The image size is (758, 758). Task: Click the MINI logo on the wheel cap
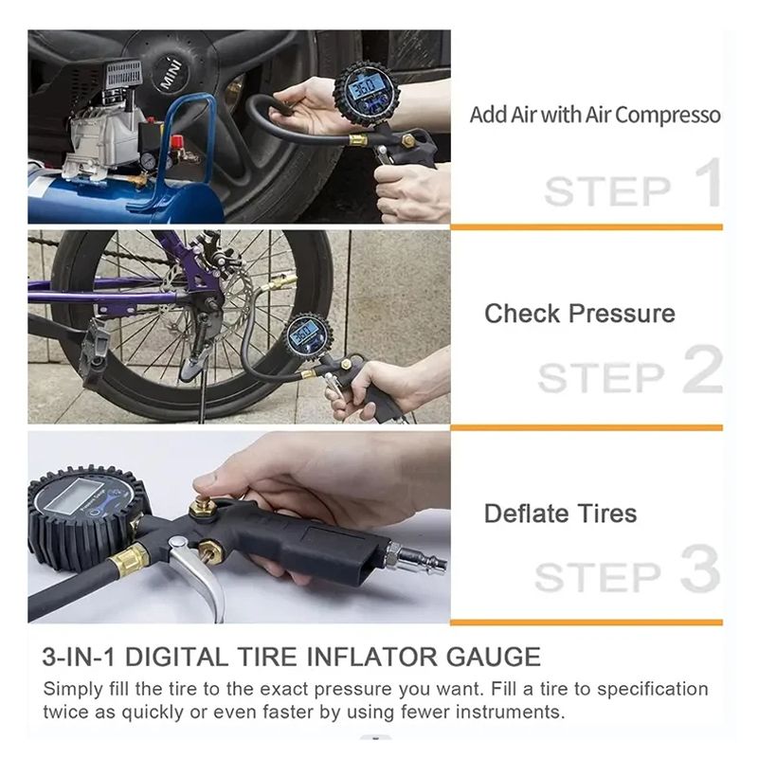(x=171, y=73)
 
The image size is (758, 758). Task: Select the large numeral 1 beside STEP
(x=709, y=182)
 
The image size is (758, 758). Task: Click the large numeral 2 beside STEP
(x=703, y=369)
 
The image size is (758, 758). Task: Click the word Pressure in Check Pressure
(x=622, y=314)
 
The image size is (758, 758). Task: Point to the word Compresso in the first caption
(x=668, y=116)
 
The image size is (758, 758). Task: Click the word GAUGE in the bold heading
(x=493, y=657)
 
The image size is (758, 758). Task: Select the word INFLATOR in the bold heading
(x=374, y=657)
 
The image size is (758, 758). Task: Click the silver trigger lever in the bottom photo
(x=199, y=574)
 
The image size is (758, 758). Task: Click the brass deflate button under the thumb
(x=204, y=507)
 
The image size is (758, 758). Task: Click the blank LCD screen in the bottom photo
(x=76, y=496)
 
